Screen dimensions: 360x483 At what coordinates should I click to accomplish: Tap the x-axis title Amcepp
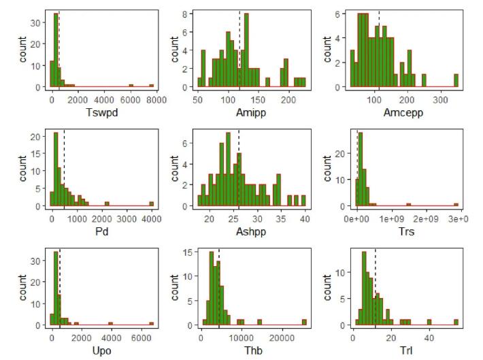[405, 113]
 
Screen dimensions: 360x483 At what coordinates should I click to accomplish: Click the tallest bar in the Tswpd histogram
[56, 50]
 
